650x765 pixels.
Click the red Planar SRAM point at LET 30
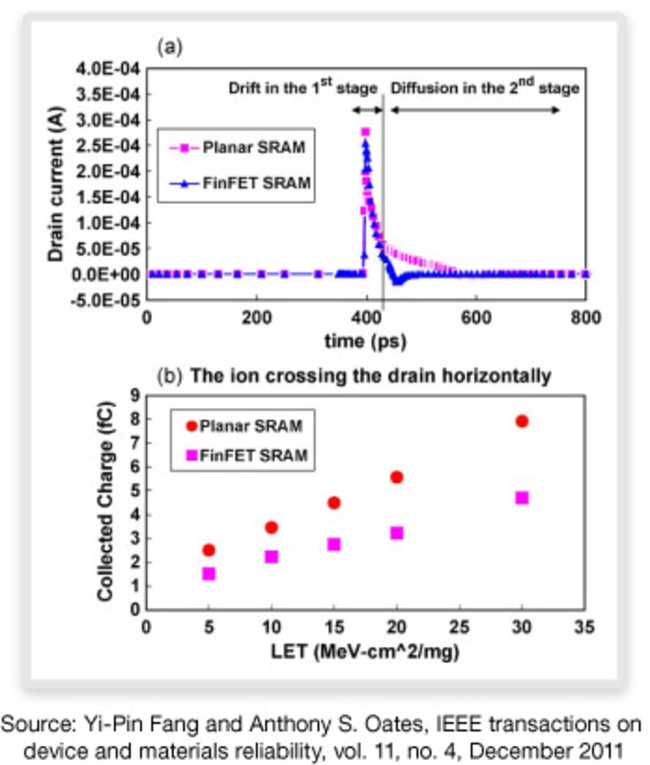tap(522, 421)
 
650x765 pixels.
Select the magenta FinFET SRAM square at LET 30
tap(522, 498)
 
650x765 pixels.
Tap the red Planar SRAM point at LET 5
tap(209, 550)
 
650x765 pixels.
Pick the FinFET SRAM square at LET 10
tap(271, 557)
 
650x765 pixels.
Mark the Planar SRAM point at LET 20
tap(397, 477)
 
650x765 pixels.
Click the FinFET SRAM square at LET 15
tap(334, 544)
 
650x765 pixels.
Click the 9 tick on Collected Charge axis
tap(135, 395)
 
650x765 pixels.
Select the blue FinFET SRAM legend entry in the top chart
tap(244, 183)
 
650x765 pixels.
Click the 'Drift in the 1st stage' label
tap(304, 88)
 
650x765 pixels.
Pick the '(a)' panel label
tap(170, 48)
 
